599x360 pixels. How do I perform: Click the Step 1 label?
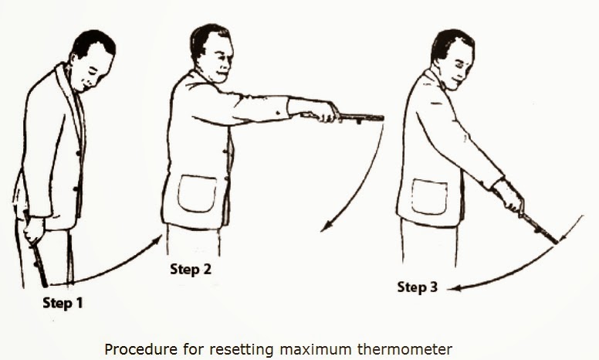coord(63,303)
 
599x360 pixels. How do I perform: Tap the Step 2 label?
coord(190,269)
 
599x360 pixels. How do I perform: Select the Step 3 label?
coord(417,287)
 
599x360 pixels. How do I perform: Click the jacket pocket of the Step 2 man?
coord(197,193)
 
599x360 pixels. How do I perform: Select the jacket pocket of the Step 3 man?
coord(429,197)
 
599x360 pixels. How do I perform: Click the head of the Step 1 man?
coord(93,60)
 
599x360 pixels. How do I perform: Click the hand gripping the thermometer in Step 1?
coord(34,230)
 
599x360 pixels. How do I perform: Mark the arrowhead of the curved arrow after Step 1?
coord(157,240)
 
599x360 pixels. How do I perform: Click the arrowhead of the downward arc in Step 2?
coord(326,226)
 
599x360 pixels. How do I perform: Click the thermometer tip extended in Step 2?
coord(381,117)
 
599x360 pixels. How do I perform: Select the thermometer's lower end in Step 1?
coord(45,285)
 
